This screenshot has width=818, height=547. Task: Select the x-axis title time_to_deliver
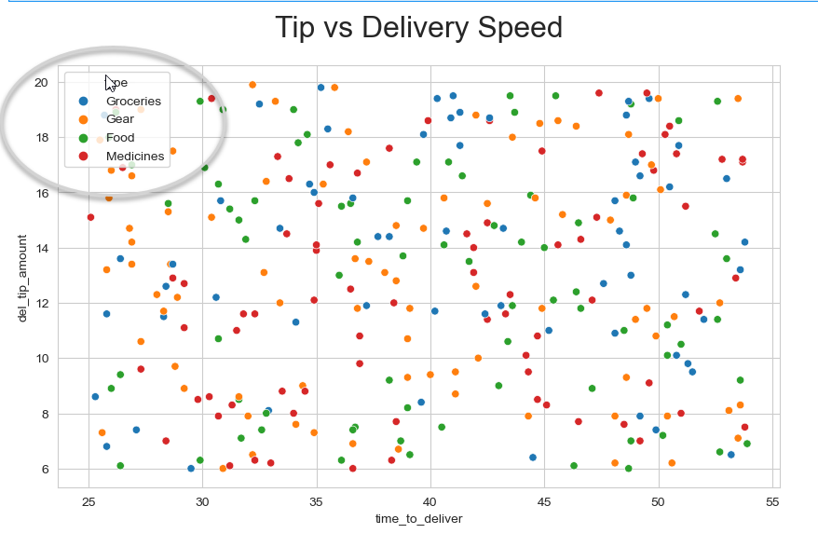pos(418,518)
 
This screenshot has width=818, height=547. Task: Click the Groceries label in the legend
pos(133,101)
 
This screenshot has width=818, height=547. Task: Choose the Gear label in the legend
pos(120,119)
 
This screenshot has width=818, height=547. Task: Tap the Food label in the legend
pos(121,138)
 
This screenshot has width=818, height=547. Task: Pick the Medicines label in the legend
pos(135,157)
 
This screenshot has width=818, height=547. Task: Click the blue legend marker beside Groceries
pos(84,101)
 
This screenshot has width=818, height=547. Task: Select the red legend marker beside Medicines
pos(84,157)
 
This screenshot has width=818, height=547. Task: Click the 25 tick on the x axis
pos(89,500)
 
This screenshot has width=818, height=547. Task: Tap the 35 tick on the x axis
pos(317,500)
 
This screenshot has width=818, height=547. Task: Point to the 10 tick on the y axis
pos(42,358)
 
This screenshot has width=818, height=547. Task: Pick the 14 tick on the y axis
pos(42,248)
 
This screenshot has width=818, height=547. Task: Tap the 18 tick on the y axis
pos(42,137)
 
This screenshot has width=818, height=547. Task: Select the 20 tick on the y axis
pos(42,82)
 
